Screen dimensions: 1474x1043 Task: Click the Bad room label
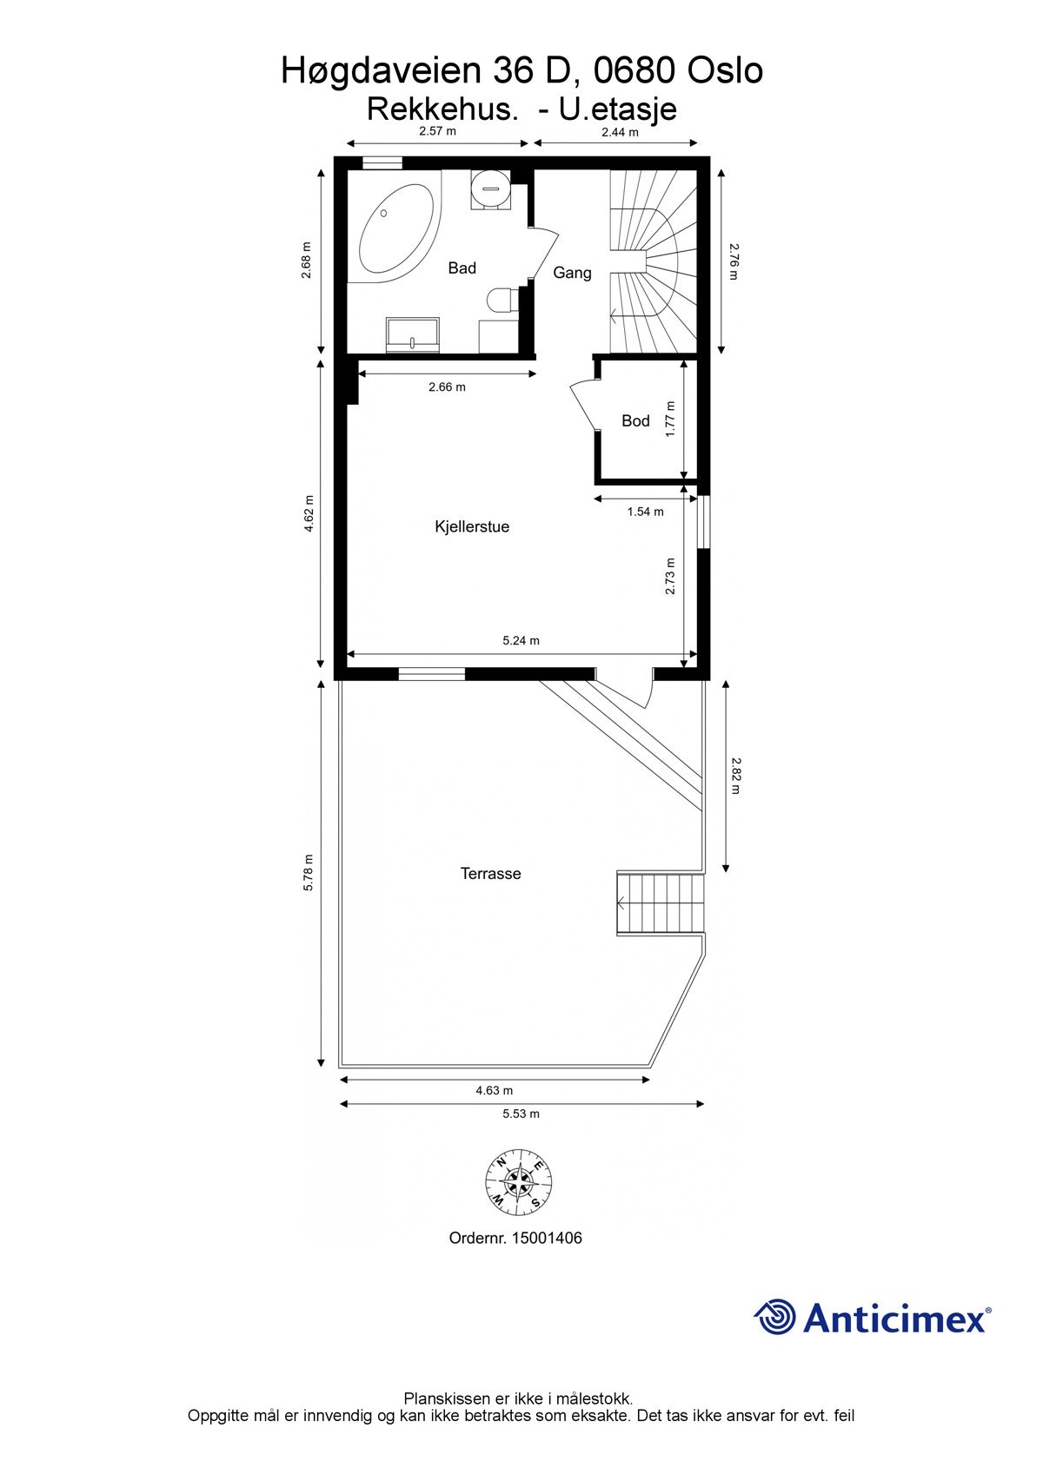(462, 268)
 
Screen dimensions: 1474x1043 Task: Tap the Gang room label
(572, 273)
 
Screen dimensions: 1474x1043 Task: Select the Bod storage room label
(635, 421)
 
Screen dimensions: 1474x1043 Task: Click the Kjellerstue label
(472, 527)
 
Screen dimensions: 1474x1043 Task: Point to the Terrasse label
(490, 874)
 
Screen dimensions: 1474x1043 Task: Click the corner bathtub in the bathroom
(395, 230)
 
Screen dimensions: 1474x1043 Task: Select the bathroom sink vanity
(413, 335)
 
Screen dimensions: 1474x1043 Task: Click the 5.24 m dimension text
(521, 641)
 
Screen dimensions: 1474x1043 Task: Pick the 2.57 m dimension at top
(437, 131)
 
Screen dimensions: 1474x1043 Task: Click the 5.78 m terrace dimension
(308, 873)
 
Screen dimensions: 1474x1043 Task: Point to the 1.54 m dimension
(645, 512)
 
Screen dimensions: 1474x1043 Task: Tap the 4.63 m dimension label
(494, 1091)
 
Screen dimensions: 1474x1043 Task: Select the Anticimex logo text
(895, 1318)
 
